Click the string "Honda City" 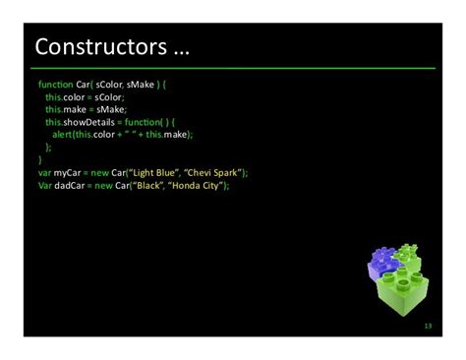tap(202, 185)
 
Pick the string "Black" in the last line tap(152, 185)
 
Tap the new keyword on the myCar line tap(101, 172)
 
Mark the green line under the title tap(233, 68)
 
